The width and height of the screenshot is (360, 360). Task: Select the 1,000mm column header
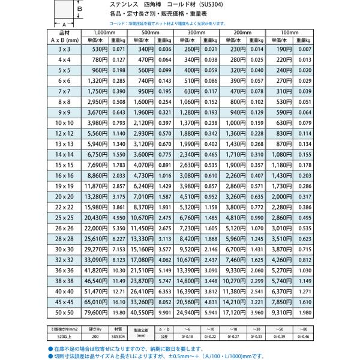pos(105,31)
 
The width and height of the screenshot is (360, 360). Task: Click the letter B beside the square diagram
pos(79,9)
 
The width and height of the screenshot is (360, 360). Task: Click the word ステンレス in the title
pos(109,5)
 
